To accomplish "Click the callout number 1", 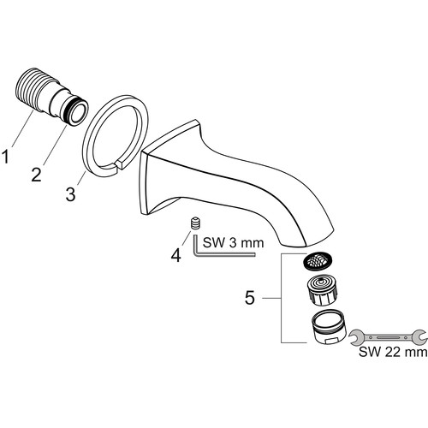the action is tap(5, 157).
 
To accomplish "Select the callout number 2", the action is tap(37, 175).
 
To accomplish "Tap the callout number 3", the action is tap(70, 194).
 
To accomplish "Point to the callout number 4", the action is tap(176, 255).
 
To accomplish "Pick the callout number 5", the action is tap(250, 298).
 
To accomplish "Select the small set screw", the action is tap(195, 223).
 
